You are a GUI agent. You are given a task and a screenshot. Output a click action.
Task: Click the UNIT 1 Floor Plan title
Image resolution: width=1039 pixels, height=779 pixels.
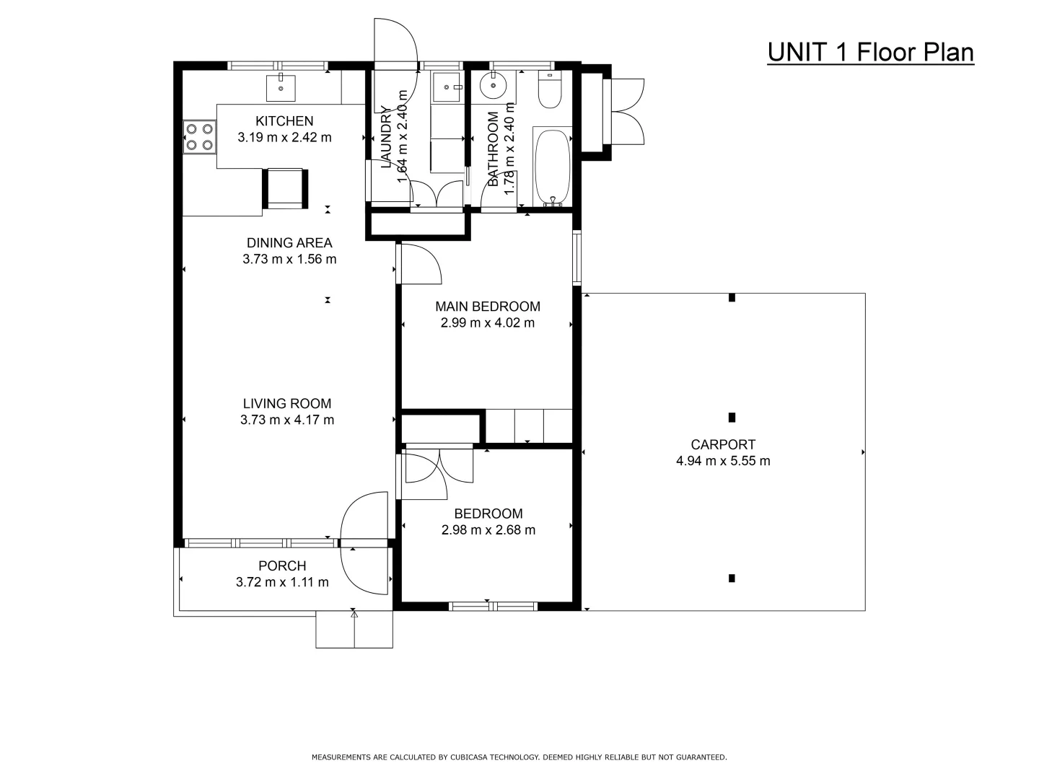pos(870,53)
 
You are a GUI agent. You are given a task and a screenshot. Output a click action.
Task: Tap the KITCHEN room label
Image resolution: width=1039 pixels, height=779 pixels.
pos(284,121)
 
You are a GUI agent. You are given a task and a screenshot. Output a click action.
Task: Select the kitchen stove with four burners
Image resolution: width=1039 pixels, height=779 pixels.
pos(200,137)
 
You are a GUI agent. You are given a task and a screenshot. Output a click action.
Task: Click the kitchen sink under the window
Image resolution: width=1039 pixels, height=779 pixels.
pos(281,87)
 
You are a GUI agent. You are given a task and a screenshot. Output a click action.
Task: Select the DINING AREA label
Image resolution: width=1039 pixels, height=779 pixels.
pos(289,243)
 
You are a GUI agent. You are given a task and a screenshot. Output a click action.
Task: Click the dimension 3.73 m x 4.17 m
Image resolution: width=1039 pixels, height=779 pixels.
pos(287,420)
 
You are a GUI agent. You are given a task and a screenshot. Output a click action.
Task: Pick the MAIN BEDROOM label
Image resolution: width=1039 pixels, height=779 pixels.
pos(488,307)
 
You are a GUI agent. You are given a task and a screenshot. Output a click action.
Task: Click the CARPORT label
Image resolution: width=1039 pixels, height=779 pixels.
pos(723,445)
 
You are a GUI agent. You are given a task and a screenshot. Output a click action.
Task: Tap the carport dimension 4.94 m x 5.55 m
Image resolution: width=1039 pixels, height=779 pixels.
pos(723,461)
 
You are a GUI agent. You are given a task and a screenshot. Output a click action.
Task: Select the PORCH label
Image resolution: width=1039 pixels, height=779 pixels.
pos(282,566)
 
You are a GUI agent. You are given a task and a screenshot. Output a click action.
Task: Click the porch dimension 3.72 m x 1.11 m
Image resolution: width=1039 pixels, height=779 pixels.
pos(282,582)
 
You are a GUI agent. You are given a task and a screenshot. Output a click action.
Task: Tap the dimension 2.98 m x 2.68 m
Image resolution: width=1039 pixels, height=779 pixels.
pos(488,530)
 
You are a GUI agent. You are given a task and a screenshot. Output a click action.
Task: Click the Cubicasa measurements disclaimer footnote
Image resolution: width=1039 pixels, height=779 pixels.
pos(519,757)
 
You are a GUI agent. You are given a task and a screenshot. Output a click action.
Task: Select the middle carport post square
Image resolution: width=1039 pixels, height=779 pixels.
pos(732,417)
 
